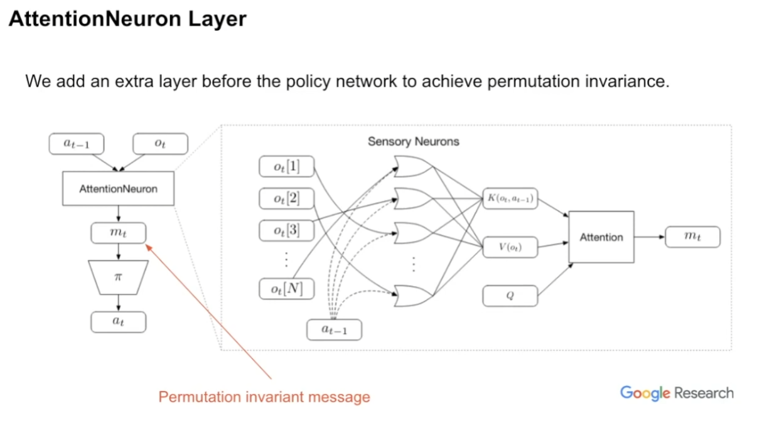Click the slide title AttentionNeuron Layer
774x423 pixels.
point(127,19)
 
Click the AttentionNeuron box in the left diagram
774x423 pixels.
point(118,188)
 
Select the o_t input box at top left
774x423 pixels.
point(160,144)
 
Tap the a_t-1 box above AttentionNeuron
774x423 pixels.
point(76,144)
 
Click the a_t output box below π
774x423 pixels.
point(118,322)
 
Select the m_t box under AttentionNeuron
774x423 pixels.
point(118,233)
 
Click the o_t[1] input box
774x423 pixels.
point(286,168)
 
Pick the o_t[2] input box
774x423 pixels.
point(286,200)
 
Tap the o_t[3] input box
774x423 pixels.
point(286,231)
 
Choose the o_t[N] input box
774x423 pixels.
point(286,289)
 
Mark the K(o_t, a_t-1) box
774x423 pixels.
point(510,198)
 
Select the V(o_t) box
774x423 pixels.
point(510,247)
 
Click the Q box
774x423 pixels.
point(510,296)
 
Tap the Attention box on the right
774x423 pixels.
point(601,237)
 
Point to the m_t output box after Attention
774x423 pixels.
point(692,237)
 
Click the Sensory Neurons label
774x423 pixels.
point(413,142)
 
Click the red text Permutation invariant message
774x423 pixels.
point(264,397)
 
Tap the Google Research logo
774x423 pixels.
point(676,394)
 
